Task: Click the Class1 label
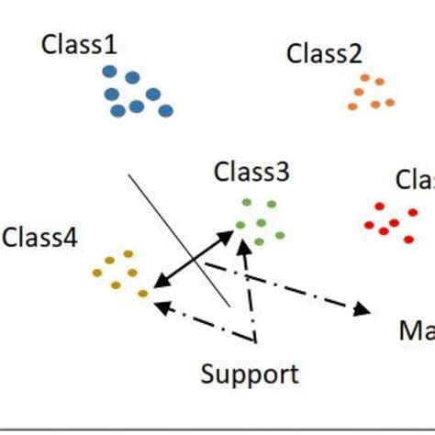(79, 43)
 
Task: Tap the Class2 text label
(324, 53)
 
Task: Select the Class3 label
(251, 172)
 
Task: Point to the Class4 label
(39, 238)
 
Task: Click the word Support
(250, 374)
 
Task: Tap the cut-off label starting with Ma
(416, 329)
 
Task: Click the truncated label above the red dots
(414, 180)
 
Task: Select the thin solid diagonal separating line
(179, 239)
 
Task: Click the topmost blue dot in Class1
(109, 71)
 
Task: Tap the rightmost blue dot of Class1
(166, 111)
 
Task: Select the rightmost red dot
(408, 240)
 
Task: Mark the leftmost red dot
(369, 225)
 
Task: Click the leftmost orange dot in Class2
(353, 106)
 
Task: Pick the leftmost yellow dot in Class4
(97, 272)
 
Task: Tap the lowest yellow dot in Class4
(142, 294)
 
